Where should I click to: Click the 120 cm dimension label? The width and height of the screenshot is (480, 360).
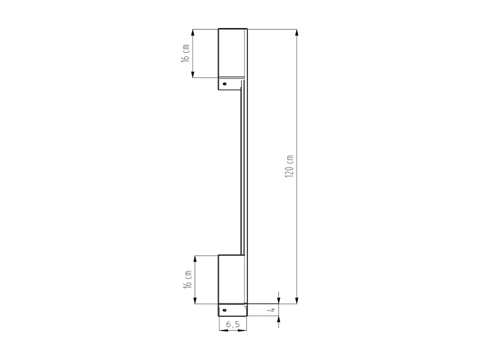pos(289,166)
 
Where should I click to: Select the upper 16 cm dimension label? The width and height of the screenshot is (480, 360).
pos(185,53)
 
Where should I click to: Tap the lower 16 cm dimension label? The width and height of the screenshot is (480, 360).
pos(188,279)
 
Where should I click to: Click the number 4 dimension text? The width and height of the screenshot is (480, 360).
pos(271,310)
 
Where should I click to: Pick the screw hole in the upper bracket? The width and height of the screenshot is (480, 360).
pos(224,84)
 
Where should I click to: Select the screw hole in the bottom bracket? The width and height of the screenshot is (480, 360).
pos(224,310)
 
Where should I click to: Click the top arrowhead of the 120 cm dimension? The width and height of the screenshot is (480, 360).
pos(297,33)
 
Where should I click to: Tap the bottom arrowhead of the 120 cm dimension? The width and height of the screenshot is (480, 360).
pos(297,300)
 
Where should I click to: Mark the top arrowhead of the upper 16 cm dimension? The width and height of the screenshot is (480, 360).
pos(193,33)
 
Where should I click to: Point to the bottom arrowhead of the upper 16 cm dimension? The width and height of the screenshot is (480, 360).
pos(193,74)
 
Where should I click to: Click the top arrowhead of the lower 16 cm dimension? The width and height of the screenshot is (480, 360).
pos(195,259)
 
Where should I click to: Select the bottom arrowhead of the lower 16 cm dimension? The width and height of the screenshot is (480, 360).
pos(195,300)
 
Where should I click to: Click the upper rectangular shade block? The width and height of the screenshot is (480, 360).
pos(231,53)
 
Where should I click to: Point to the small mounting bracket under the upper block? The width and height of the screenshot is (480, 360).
pos(230,84)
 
